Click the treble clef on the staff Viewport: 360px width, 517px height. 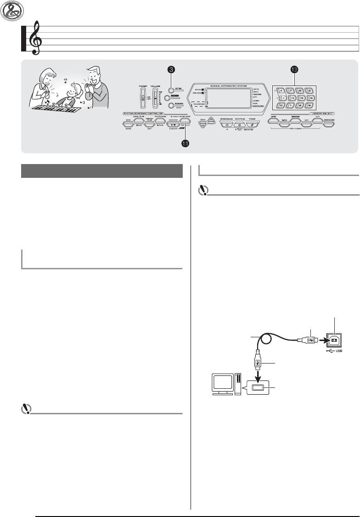pyautogui.click(x=33, y=40)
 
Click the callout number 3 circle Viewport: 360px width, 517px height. pyautogui.click(x=170, y=69)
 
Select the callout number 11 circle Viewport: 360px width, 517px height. pyautogui.click(x=185, y=144)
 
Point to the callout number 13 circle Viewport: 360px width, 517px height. pyautogui.click(x=294, y=69)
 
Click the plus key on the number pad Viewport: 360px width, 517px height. pyautogui.click(x=282, y=91)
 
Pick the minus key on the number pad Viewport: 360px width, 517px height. pyautogui.click(x=282, y=98)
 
